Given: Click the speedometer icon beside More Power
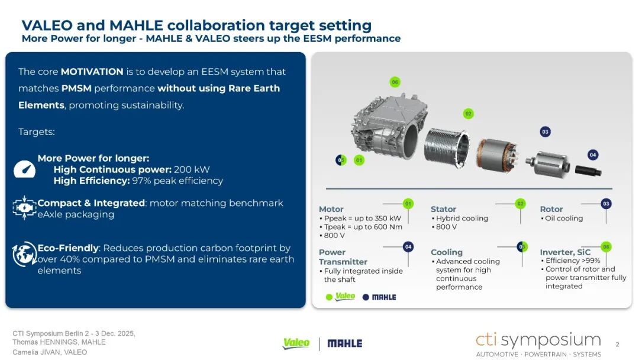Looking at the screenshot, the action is pos(24,169).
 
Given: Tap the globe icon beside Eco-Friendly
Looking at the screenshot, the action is pos(24,254).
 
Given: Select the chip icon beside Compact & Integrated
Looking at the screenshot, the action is pos(24,208).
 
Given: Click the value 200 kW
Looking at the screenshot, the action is pos(192,169).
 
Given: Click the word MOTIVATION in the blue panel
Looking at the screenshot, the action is pos(92,72).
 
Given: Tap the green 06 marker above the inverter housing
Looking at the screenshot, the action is pos(395,82).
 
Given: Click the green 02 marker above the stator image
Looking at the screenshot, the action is pos(468,114).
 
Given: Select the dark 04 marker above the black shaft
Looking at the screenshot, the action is pos(592,155).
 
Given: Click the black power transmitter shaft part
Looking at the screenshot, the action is pos(588,171).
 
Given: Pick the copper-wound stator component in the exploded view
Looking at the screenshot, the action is pos(497,155).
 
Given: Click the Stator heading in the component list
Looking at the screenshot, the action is pos(443,209).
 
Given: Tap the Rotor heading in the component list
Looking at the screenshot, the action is pos(551,209).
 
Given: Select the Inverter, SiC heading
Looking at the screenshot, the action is pos(565,252).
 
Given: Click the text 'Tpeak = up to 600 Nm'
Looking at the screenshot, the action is pos(363,227).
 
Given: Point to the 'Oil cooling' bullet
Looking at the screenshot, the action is pos(564,218).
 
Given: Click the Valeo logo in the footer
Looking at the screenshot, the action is pos(296,343).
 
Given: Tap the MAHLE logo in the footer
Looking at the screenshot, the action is pos(345,343).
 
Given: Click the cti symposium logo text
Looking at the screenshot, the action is pos(538,340).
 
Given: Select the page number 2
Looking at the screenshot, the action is pos(617,345).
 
